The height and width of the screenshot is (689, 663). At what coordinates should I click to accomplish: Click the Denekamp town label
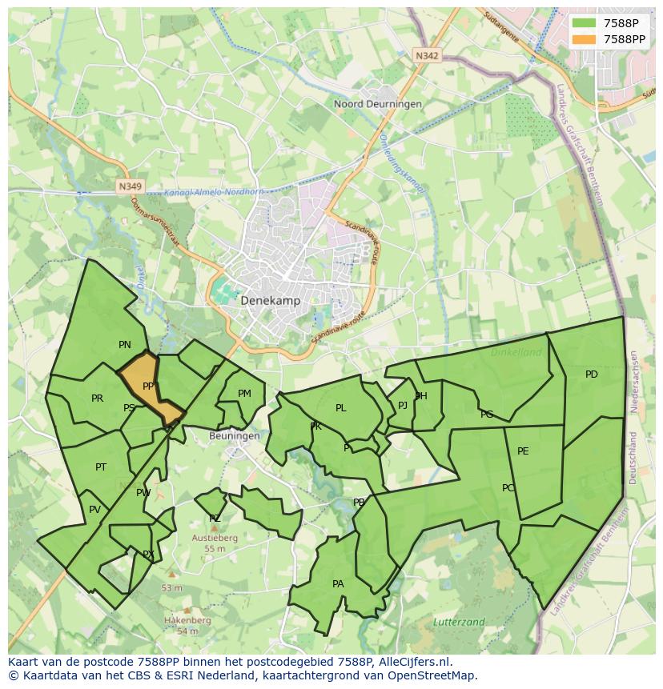(270, 301)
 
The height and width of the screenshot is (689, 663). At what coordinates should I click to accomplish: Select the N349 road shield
(129, 186)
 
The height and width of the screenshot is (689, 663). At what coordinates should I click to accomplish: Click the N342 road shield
(427, 55)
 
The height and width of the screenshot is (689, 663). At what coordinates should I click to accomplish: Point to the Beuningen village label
(234, 436)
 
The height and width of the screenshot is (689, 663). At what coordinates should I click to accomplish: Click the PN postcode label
(125, 345)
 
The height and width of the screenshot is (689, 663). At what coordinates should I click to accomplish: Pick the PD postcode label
(591, 375)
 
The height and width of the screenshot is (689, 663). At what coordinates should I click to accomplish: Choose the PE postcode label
(523, 451)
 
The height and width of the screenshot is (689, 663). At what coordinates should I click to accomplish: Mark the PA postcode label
(338, 584)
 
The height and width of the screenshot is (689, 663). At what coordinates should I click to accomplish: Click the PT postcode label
(101, 467)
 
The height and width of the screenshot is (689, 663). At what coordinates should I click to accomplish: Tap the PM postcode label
(244, 393)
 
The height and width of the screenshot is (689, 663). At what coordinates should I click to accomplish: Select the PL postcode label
(340, 408)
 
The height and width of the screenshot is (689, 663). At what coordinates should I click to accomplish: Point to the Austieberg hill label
(214, 539)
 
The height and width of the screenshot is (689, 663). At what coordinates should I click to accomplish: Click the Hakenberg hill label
(187, 620)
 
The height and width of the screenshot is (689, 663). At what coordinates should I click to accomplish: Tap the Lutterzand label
(459, 622)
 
